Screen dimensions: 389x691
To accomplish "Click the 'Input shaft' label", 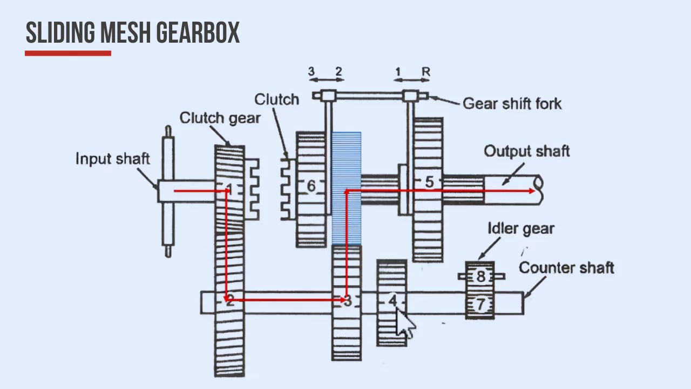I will point(112,159).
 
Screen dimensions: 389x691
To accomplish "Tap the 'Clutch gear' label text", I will point(220,118).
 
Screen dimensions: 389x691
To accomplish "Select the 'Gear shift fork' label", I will point(512,103).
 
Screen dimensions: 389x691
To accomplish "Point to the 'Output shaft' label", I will point(526,151).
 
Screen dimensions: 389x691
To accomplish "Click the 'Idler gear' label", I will point(520,229).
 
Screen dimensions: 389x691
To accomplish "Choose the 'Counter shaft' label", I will point(566,267).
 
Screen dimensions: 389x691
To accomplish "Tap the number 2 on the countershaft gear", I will point(230,300).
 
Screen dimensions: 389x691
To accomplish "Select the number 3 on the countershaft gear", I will point(347,300).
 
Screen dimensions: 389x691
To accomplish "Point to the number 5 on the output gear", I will point(429,182).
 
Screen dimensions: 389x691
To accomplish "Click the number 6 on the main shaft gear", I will point(311,186).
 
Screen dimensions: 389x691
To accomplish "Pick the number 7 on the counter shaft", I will point(480,305).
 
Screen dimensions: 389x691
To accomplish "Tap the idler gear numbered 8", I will point(480,276).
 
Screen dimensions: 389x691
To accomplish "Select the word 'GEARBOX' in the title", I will point(198,33).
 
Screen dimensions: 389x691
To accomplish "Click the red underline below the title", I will point(68,53).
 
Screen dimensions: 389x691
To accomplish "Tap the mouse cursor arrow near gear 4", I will point(405,323).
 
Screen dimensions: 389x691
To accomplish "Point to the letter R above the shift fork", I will point(426,72).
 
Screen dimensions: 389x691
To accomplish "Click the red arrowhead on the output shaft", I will point(532,191).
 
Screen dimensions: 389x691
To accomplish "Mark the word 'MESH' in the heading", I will point(126,33).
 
